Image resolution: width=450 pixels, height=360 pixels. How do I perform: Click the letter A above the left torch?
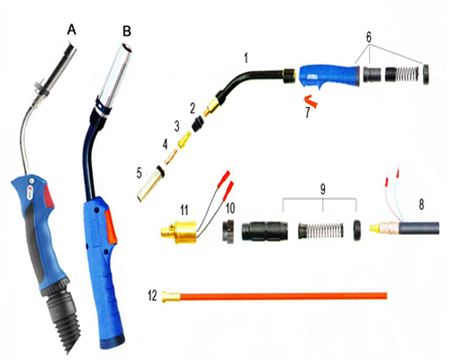pyautogui.click(x=72, y=30)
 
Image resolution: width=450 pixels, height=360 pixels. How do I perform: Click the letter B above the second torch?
pyautogui.click(x=126, y=31)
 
